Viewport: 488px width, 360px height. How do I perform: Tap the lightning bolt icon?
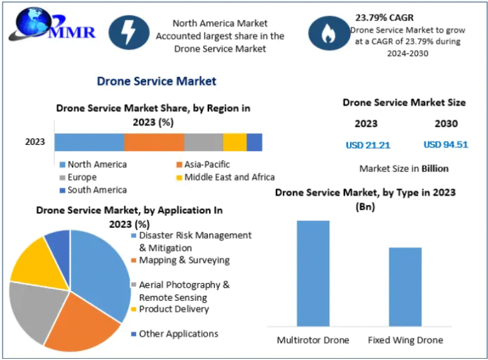coord(128,33)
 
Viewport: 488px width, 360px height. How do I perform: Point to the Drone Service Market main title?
coord(156,81)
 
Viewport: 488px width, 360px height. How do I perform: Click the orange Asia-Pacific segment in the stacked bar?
coord(154,142)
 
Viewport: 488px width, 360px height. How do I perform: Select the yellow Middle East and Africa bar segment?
coord(234,142)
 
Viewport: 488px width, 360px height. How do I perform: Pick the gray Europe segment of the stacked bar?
coord(203,142)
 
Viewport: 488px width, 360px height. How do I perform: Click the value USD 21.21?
coord(368,145)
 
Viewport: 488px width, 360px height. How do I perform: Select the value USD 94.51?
coord(445,144)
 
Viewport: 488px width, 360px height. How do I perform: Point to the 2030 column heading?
coord(446,123)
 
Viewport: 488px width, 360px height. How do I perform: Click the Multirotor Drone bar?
coord(313,273)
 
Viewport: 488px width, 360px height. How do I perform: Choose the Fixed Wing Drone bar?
coord(405,286)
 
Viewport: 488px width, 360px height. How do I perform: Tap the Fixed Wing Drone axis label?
coord(405,340)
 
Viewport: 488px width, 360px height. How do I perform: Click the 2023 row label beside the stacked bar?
coord(35,142)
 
